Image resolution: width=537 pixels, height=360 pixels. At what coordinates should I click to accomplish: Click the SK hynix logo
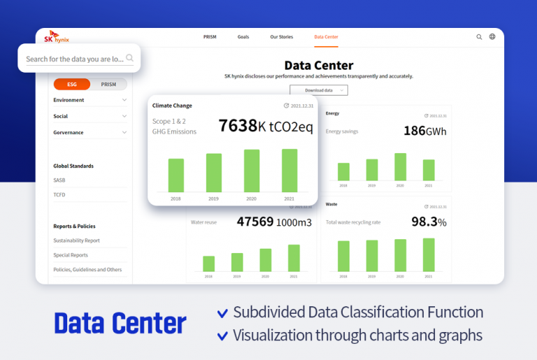pos(56,38)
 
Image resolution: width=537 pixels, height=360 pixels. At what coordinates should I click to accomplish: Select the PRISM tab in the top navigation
pos(210,36)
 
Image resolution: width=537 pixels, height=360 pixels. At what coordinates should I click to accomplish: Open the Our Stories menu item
pos(282,36)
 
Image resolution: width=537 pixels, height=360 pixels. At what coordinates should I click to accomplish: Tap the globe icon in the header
pos(492,36)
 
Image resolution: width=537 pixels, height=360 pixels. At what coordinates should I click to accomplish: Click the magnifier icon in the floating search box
pos(130,59)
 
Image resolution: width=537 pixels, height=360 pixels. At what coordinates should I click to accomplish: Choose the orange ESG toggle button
pos(72,85)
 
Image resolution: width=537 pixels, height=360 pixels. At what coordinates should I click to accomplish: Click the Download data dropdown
pos(319,90)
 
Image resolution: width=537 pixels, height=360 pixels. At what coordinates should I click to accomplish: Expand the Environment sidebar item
pos(90,100)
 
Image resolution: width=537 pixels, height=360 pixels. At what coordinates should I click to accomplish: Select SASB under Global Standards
pos(59,180)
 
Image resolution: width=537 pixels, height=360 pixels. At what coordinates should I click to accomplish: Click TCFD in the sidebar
pos(59,195)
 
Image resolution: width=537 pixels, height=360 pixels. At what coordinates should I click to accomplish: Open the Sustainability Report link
pos(77,240)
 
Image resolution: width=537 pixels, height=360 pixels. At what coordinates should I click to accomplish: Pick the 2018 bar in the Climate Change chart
pos(176,175)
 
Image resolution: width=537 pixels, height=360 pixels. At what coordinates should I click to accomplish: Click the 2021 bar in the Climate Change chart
pos(289,170)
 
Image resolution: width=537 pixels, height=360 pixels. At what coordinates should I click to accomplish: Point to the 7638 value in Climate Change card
pos(238,126)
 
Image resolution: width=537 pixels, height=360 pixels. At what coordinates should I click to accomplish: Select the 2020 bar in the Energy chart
pos(400,167)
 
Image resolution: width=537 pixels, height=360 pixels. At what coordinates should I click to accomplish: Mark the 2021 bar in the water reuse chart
pos(294,258)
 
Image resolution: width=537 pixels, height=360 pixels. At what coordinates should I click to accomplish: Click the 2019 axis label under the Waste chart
pos(372,277)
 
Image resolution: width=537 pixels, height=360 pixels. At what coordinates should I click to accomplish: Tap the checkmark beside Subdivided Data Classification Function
pos(222,313)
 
